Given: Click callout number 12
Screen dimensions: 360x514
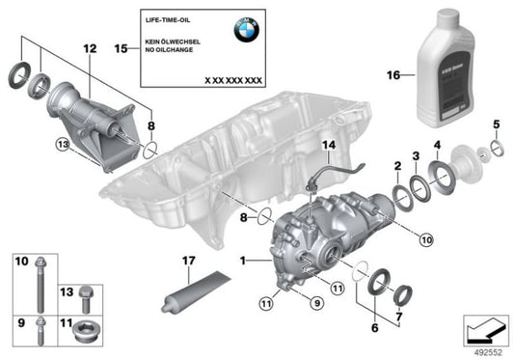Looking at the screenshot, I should point(91,46).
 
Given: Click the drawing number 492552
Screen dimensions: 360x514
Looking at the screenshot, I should point(488,351).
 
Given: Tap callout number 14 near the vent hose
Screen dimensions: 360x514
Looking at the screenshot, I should point(330,146).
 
